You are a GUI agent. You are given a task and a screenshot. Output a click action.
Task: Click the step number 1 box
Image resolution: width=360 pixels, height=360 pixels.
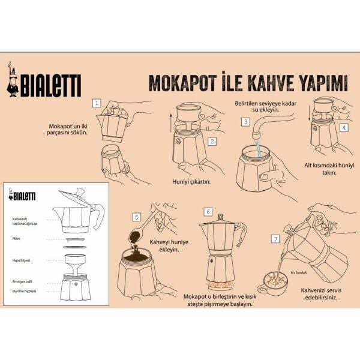(97, 103)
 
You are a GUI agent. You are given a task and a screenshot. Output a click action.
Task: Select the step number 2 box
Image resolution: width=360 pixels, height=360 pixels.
(212, 142)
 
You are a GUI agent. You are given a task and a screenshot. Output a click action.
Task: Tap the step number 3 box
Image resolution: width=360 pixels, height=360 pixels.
(245, 121)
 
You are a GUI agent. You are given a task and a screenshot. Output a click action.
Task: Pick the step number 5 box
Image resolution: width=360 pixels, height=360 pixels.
(137, 217)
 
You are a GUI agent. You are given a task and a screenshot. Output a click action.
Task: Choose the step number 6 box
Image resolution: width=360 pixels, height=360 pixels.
(208, 212)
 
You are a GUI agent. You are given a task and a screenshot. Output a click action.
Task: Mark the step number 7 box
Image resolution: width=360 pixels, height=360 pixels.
(276, 239)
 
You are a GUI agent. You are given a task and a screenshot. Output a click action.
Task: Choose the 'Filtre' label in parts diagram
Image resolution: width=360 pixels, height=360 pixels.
(17, 238)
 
